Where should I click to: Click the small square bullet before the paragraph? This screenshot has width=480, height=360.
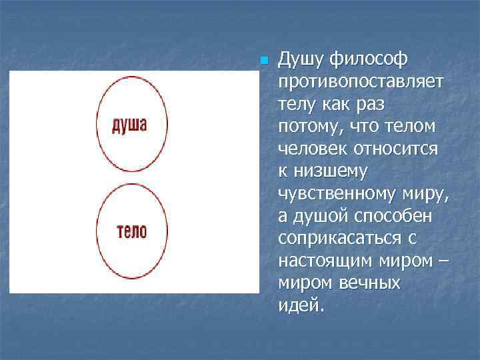(x=264, y=61)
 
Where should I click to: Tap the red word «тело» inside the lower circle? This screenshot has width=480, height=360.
(x=131, y=231)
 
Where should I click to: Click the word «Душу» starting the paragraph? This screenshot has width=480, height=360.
(x=299, y=60)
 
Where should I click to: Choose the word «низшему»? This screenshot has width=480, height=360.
(x=330, y=172)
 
